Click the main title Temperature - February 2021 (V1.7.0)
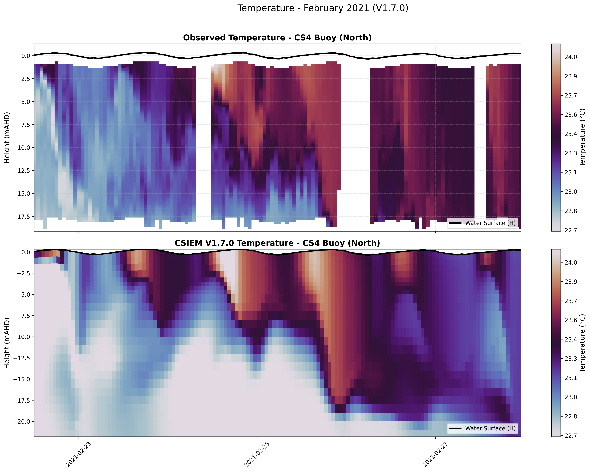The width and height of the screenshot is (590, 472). [323, 8]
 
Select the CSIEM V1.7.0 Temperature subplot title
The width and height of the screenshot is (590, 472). [277, 243]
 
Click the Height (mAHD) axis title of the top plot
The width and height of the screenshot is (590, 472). [7, 137]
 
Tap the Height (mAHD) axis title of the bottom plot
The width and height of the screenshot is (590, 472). [7, 343]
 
